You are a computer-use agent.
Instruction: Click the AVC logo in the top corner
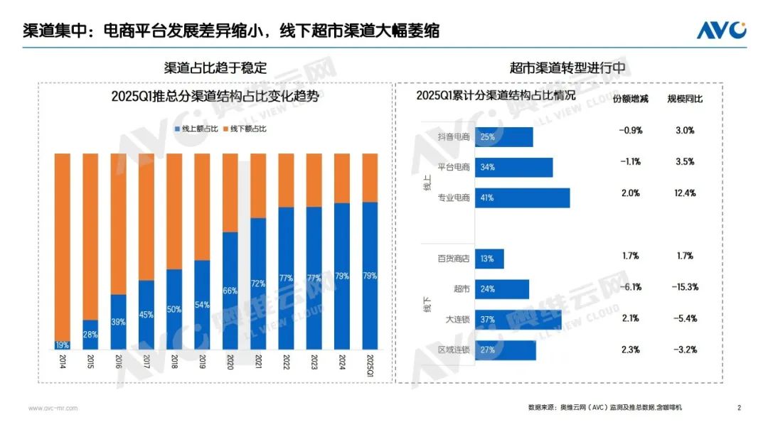[721, 30]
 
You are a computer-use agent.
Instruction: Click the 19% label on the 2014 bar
[63, 345]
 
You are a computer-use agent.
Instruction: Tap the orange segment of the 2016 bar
[118, 223]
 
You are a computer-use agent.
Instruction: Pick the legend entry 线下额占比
[247, 129]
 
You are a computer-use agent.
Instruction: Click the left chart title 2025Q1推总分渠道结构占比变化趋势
[215, 97]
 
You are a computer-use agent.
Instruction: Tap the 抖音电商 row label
[455, 137]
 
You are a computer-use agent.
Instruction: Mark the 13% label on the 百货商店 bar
[488, 259]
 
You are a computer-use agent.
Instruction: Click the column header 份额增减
[631, 99]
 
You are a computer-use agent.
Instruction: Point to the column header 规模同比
[685, 99]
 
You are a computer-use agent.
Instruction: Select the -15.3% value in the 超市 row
[686, 287]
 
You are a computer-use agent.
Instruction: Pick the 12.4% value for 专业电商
[686, 193]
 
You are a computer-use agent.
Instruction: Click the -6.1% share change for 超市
[631, 287]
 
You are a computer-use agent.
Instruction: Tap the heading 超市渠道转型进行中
[567, 67]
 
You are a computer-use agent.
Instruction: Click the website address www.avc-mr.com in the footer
[53, 408]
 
